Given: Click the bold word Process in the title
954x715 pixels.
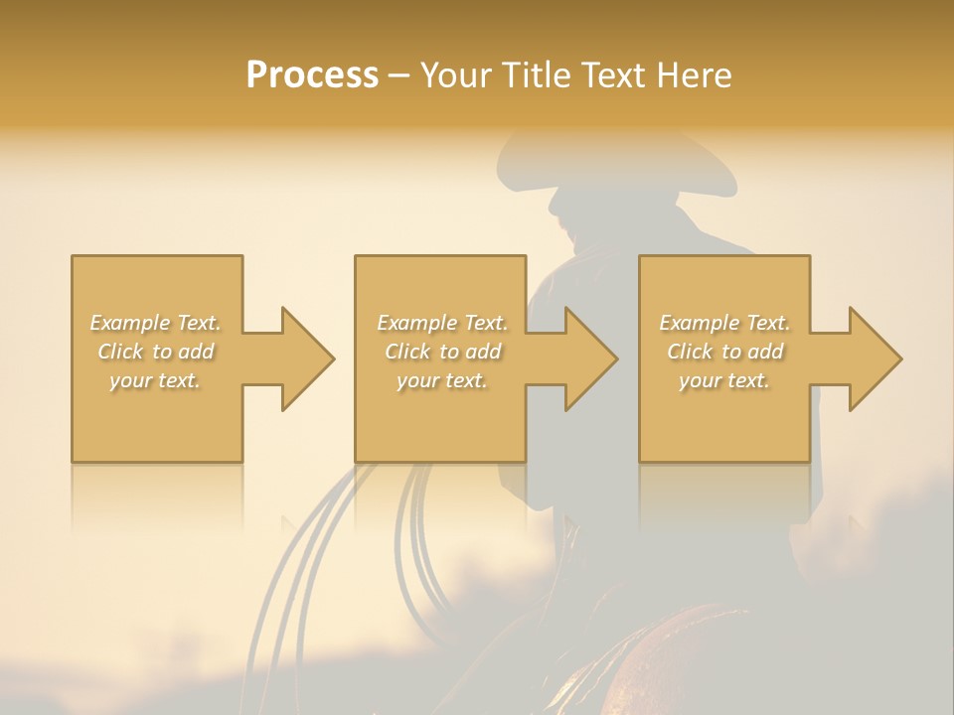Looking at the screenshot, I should click(x=312, y=75).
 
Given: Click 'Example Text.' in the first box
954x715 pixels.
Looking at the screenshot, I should click(x=155, y=323).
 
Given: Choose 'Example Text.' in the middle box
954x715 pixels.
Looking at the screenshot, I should click(x=441, y=323).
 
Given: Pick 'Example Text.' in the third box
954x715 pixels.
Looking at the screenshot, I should click(x=724, y=323).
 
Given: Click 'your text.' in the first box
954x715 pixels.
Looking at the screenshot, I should click(x=155, y=380).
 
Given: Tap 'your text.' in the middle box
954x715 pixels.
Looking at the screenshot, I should click(x=441, y=380).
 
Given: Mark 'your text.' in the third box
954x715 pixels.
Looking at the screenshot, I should click(x=724, y=380).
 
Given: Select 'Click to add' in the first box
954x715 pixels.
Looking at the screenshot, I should click(x=155, y=352).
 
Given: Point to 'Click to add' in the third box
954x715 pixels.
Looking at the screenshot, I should click(x=724, y=352).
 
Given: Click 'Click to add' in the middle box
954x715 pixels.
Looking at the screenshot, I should click(x=441, y=352).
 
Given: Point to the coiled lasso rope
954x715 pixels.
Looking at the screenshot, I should click(x=417, y=536).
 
